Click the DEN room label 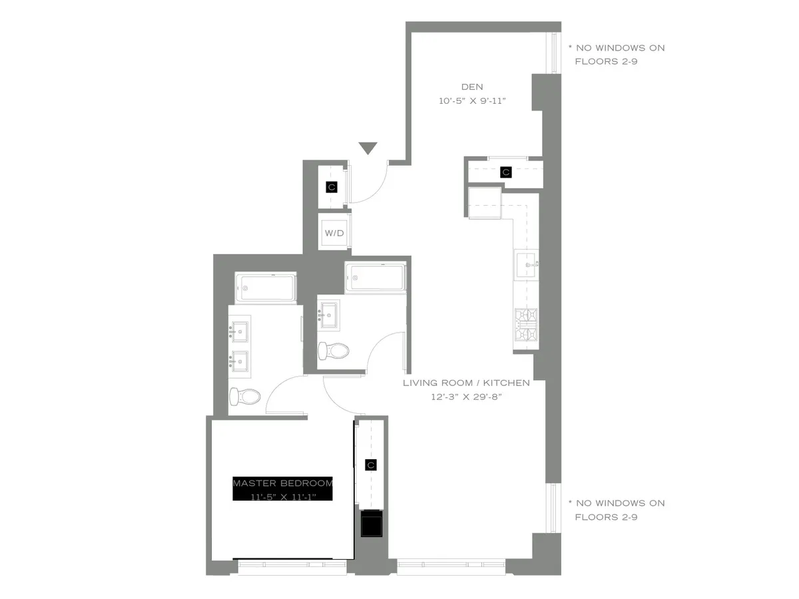pyautogui.click(x=472, y=87)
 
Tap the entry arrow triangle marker pyautogui.click(x=368, y=148)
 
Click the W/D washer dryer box pyautogui.click(x=334, y=233)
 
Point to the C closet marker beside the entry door pyautogui.click(x=332, y=187)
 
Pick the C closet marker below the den pyautogui.click(x=505, y=172)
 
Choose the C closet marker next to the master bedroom pyautogui.click(x=371, y=465)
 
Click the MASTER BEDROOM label pyautogui.click(x=282, y=483)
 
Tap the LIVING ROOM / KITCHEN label pyautogui.click(x=466, y=383)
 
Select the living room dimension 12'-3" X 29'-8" pyautogui.click(x=466, y=397)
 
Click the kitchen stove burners pyautogui.click(x=526, y=325)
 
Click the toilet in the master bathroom pyautogui.click(x=244, y=397)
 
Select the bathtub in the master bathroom pyautogui.click(x=265, y=287)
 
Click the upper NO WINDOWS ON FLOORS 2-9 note pyautogui.click(x=616, y=54)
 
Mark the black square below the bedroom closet pyautogui.click(x=371, y=523)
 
